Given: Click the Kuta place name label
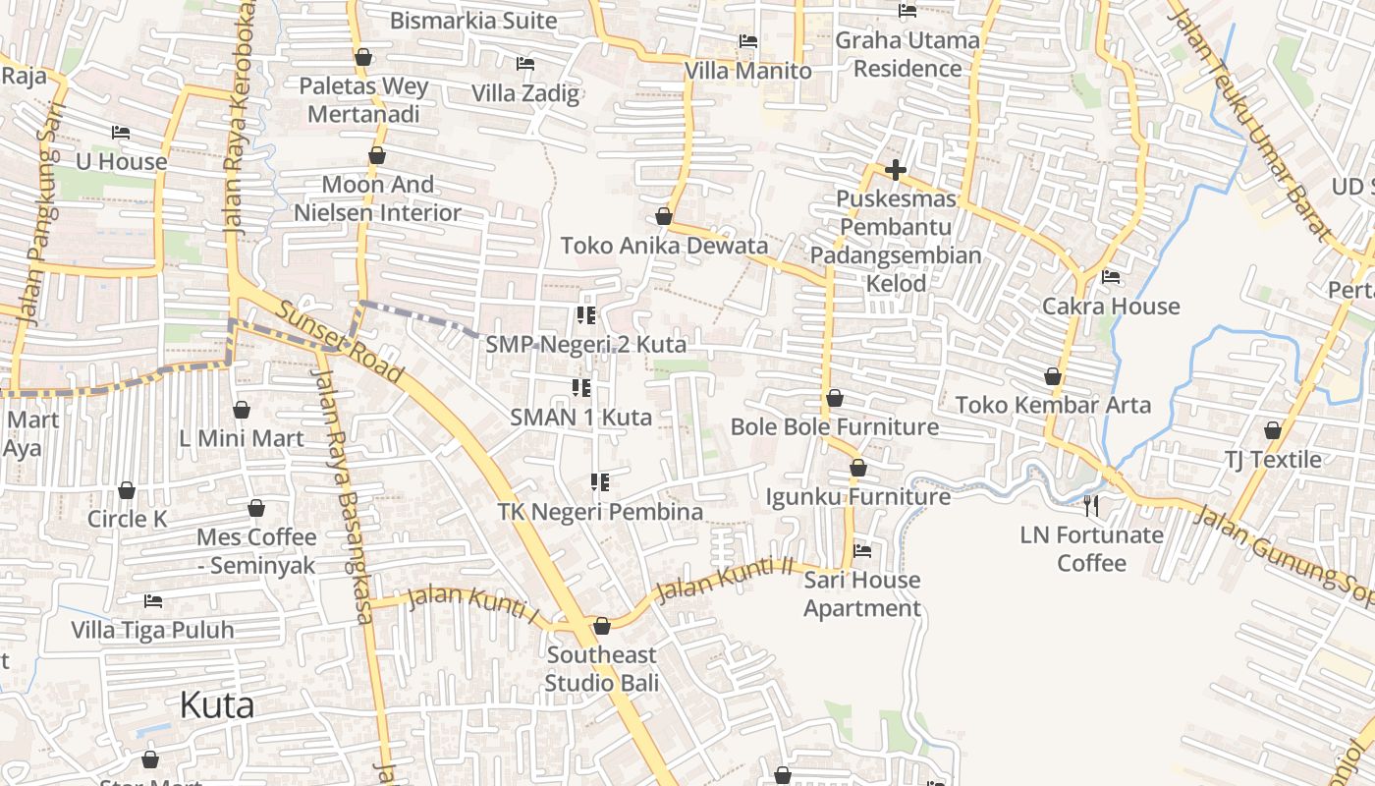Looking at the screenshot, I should point(217,704).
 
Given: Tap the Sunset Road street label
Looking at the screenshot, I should point(340,342).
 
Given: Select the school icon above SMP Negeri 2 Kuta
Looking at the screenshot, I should point(586,315).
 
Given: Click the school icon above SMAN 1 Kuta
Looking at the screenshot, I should point(580,388).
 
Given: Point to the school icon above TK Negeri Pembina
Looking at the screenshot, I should point(600,482).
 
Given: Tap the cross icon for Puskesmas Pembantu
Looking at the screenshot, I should point(895,170).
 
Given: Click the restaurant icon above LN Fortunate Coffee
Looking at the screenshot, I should point(1091,506).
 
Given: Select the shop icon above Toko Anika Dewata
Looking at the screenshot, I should point(664,216).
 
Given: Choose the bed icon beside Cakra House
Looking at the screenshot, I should point(1111,277).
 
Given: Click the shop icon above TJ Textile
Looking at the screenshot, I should point(1273,430).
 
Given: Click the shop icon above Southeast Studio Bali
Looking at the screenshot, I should point(602,626).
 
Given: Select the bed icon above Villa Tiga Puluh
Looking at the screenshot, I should point(153,600).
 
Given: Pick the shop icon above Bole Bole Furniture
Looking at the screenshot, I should point(835,398).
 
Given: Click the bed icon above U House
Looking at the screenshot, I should point(121,133).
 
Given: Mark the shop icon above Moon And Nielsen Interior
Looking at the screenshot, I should point(377,155).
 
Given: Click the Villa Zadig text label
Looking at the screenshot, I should point(525,93).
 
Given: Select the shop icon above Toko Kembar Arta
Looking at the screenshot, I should point(1053,376).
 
